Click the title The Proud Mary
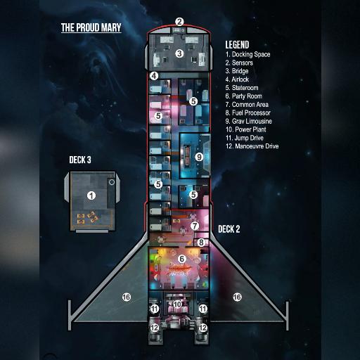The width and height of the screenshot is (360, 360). tap(91, 27)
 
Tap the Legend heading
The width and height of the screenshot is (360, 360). tap(237, 44)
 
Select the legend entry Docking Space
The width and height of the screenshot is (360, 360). tap(247, 54)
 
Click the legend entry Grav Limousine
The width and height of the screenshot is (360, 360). tap(248, 121)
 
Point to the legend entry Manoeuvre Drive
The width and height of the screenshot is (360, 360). tap(252, 146)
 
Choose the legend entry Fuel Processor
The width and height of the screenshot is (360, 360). tap(247, 112)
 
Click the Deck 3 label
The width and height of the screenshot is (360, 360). tap(80, 160)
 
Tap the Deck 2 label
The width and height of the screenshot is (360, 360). tap(229, 229)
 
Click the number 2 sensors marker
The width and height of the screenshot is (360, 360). tap(179, 22)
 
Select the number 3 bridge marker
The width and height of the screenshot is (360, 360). tap(179, 53)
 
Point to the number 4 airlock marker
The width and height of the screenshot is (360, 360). tap(154, 76)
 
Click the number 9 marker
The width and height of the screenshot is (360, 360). tap(199, 157)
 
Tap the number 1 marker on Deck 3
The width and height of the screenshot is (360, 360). tap(91, 195)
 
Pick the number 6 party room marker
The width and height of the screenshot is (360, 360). tap(181, 259)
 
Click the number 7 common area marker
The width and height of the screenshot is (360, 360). tap(195, 226)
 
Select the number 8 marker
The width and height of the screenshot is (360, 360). tap(201, 243)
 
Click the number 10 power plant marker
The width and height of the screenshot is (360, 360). tap(177, 304)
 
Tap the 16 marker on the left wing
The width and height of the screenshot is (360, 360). tap(127, 297)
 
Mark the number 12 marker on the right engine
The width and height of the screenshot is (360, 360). tap(203, 328)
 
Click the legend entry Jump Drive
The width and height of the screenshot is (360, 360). tap(245, 138)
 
